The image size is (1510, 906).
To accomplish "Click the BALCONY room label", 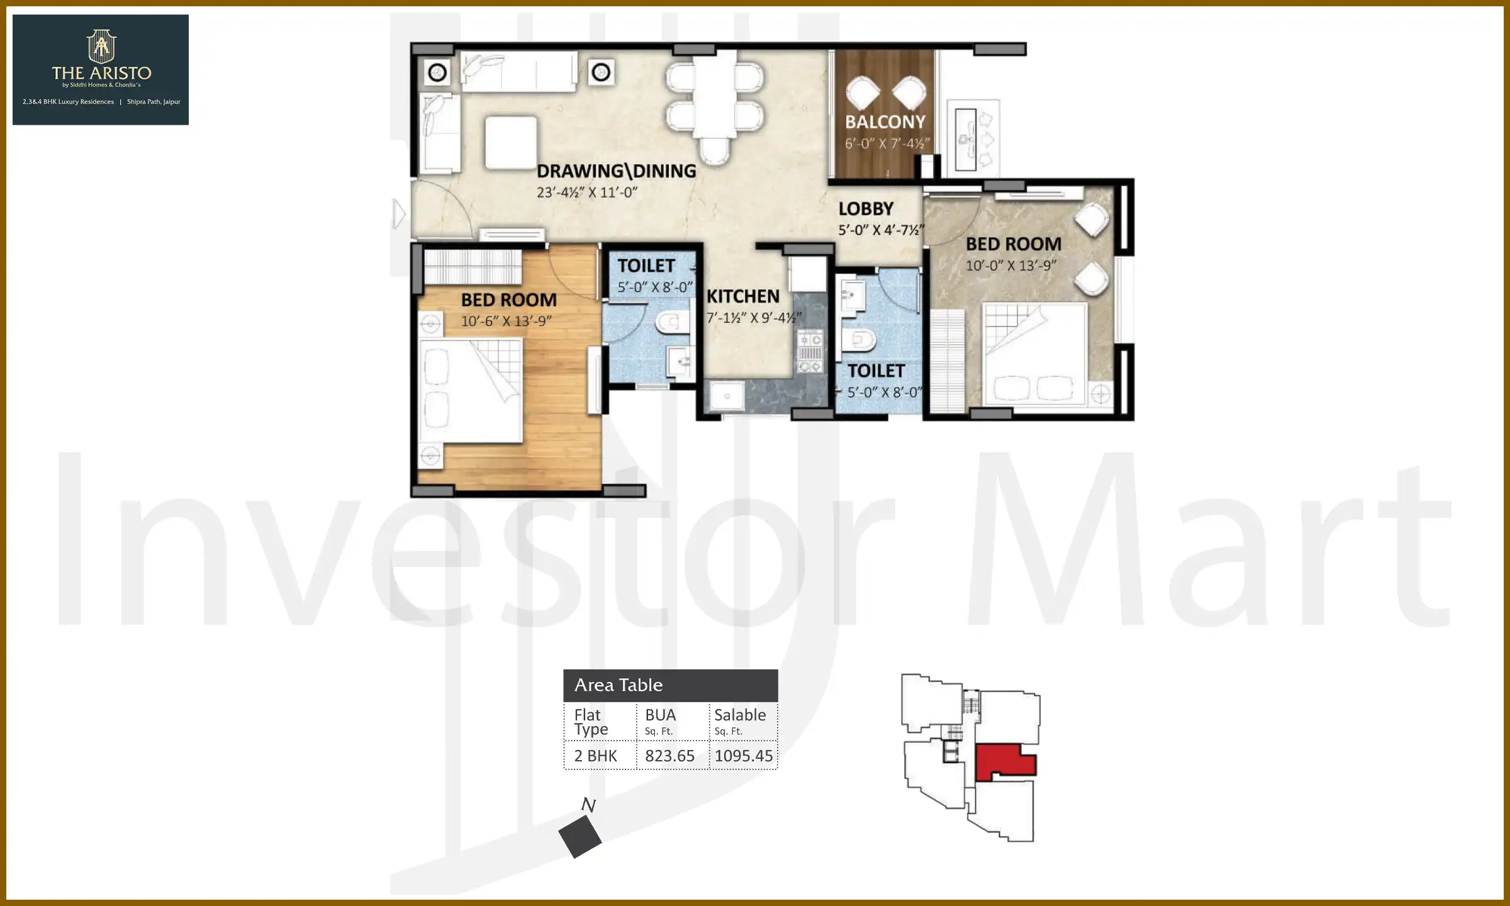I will coord(885,122).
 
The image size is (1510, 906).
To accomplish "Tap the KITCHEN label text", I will coord(742,296).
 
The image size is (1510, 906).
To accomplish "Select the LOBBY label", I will coord(866,209).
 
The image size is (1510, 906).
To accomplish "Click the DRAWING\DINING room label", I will coord(616,171).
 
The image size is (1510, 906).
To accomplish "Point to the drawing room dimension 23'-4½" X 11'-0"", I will coord(587,193).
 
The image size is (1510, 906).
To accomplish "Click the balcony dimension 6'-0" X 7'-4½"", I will coord(886,144).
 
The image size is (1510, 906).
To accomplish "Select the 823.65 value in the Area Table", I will coord(669,756).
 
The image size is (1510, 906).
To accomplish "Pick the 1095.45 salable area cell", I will coord(743,756).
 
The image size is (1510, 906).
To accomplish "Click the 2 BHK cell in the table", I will coord(595,756).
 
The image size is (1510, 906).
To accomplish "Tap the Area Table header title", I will coord(618,685).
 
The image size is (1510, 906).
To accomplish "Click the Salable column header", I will coord(740,715).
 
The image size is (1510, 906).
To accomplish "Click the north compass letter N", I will coord(588,805).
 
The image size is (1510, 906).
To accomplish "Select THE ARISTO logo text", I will coord(101,73).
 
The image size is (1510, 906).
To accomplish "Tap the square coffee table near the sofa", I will coord(511,142).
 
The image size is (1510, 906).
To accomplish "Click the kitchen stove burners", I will coord(810,352).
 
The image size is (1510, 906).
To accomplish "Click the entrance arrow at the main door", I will coord(398,214).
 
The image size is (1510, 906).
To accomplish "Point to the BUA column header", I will coord(660,715).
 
